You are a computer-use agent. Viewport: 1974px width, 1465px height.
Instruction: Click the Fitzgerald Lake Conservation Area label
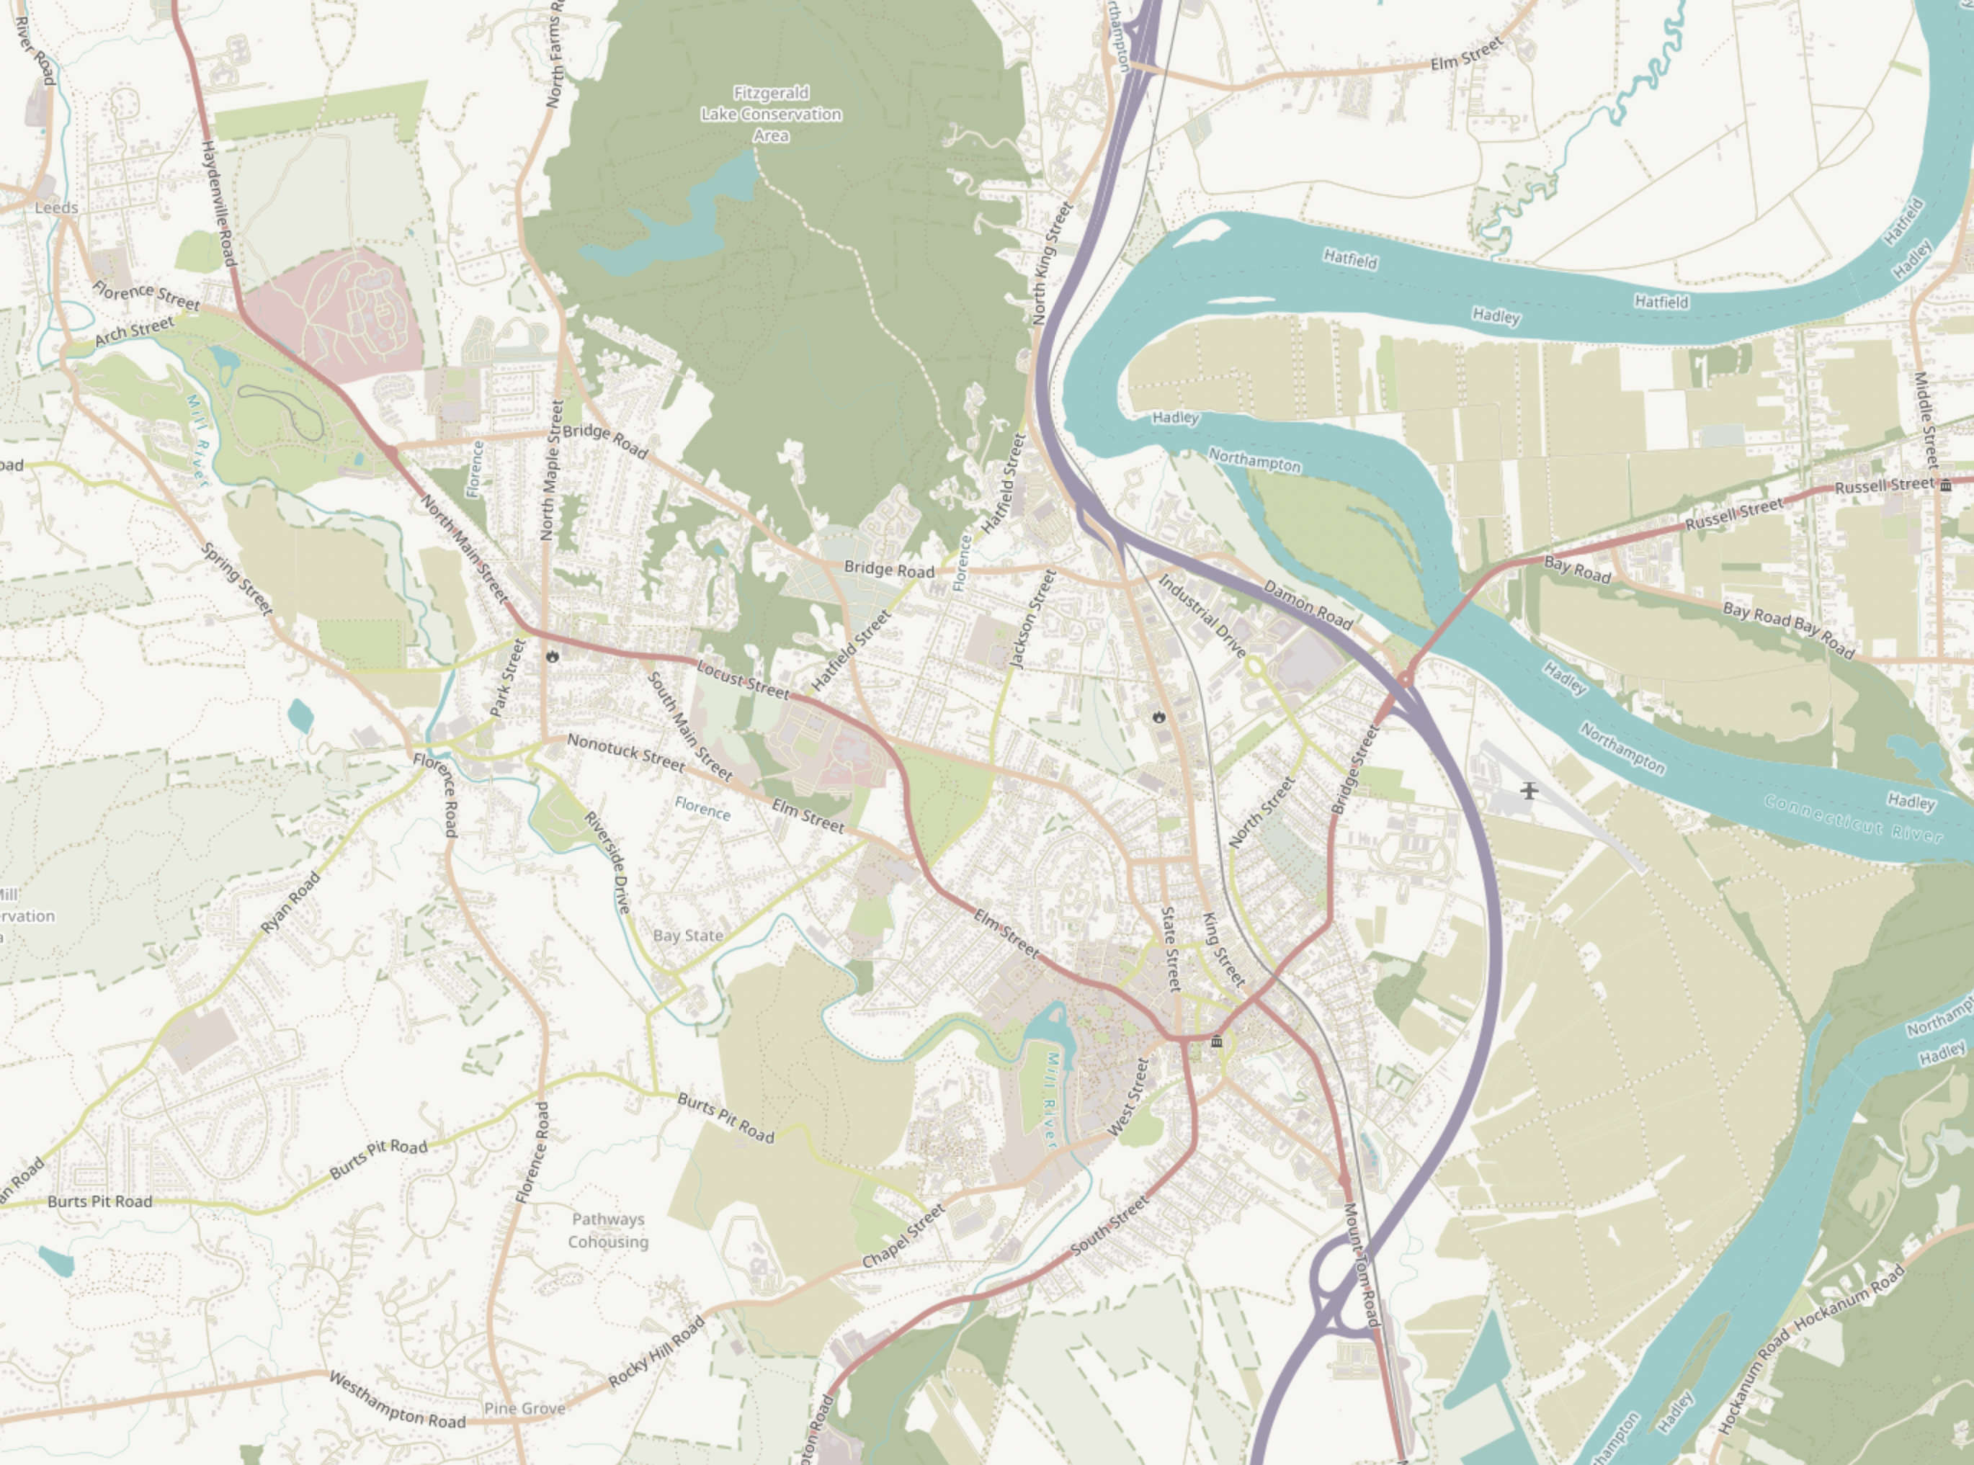pos(771,115)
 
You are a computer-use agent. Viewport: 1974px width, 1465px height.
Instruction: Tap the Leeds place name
pos(57,207)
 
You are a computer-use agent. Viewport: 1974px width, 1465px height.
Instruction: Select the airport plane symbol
pos(1529,789)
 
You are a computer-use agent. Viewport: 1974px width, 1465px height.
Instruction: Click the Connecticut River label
pos(1854,817)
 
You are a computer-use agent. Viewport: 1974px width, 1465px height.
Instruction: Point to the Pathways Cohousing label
pos(607,1231)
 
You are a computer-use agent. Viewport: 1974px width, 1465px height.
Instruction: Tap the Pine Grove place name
pos(525,1408)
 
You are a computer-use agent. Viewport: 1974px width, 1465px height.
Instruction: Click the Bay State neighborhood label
pos(687,935)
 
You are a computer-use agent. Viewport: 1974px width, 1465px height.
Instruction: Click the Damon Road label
pos(1307,605)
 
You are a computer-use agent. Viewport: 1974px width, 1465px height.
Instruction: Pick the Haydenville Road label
pos(218,203)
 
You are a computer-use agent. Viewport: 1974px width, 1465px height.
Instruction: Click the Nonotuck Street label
pos(625,752)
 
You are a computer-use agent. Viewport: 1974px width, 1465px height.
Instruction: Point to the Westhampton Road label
pos(396,1400)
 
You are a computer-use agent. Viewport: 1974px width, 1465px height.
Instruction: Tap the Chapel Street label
pos(903,1236)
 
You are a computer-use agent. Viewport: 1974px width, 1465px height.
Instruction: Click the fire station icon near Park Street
pos(553,657)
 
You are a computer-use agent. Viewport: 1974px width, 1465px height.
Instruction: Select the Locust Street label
pos(741,679)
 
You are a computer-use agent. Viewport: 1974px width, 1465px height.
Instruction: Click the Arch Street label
pos(134,331)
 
